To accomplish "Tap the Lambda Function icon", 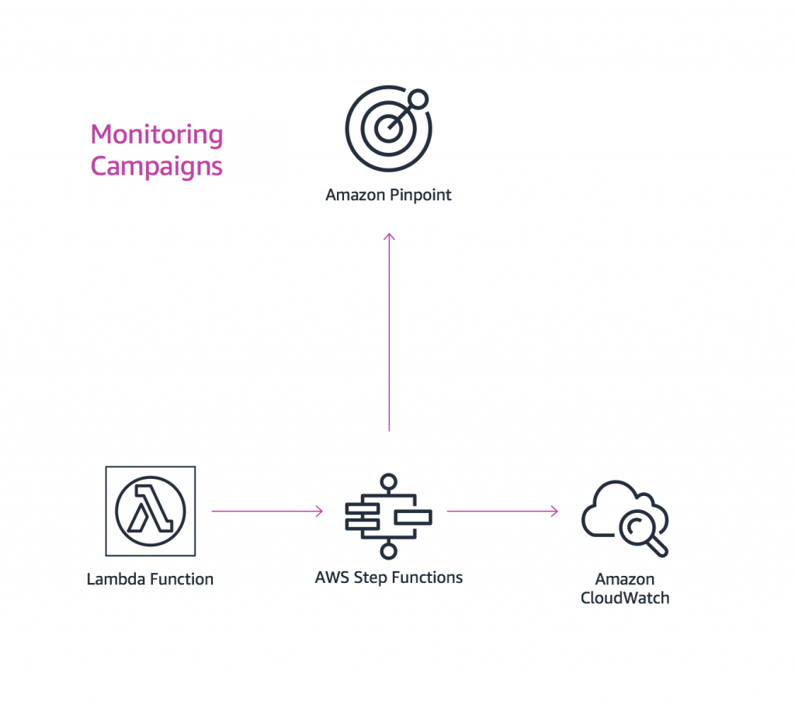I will pos(150,511).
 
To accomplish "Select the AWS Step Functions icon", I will pos(388,515).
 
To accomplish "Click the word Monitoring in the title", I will pos(157,134).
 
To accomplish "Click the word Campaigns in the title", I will pos(157,166).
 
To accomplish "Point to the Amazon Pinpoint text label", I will pos(388,195).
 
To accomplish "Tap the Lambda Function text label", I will pos(150,579).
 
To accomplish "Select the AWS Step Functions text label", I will pos(388,577).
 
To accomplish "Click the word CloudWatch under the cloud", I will pos(624,598).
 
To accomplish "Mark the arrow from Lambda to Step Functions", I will pos(266,511).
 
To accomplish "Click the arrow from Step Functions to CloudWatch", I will pos(502,511).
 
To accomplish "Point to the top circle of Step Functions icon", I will pos(388,481).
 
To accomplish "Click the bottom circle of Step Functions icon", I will pos(388,551).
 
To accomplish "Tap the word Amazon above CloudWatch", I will pos(624,579).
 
